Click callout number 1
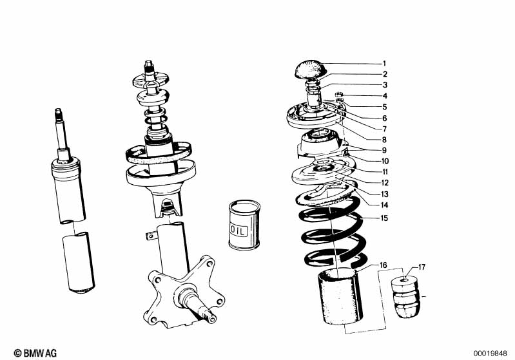384,64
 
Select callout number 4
384,96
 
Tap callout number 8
384,139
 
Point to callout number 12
384,183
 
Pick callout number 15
384,218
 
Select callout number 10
384,161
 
